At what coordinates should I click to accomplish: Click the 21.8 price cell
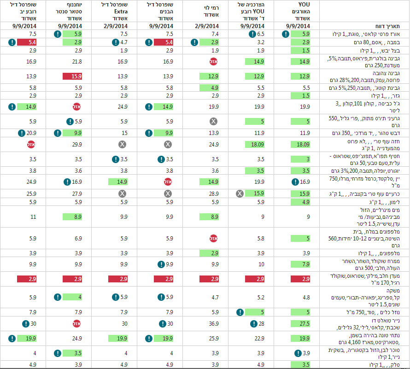click(x=77, y=62)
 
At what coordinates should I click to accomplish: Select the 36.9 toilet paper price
click(x=214, y=324)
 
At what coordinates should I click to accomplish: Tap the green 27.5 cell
click(x=300, y=324)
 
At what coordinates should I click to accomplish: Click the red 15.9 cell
click(x=72, y=76)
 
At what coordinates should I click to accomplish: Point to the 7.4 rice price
click(x=215, y=34)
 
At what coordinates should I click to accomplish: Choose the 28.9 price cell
click(x=214, y=194)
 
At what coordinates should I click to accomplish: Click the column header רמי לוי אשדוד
click(x=211, y=11)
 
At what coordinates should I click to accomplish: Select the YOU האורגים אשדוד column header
click(x=302, y=11)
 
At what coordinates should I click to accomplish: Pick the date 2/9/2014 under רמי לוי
click(x=207, y=26)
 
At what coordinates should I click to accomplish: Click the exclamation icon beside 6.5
click(x=252, y=34)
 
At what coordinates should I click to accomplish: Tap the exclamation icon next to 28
click(x=254, y=324)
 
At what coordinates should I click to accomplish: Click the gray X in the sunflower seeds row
click(x=213, y=121)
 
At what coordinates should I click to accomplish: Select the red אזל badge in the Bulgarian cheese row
click(x=214, y=62)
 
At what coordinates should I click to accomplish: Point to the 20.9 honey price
click(x=31, y=133)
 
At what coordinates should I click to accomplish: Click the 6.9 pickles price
click(x=78, y=239)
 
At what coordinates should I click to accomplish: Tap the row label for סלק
click(x=385, y=365)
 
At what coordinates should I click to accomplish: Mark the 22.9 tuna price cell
click(x=259, y=339)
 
